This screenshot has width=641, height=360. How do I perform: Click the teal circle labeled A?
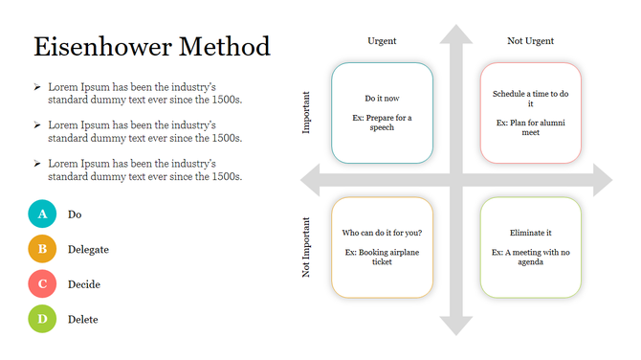pos(42,214)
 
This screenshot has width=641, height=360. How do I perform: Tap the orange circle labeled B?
pos(42,250)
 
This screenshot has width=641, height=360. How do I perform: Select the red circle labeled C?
pos(42,284)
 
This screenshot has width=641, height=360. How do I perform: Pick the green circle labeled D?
pos(42,320)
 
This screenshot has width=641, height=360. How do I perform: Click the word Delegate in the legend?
pos(88,250)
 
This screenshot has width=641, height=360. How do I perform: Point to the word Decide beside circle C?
pos(84,284)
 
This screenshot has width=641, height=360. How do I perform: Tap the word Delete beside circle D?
pos(83,320)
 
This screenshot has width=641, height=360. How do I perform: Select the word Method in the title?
pos(223,47)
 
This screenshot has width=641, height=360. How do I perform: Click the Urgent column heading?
pos(382,41)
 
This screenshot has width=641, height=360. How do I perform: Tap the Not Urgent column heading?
pos(530,41)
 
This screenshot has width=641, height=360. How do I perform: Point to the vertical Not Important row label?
pos(307,248)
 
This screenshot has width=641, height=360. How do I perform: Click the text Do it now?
pos(382,99)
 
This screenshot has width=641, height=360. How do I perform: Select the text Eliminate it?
pos(531,233)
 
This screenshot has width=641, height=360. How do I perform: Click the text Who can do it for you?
pos(382,233)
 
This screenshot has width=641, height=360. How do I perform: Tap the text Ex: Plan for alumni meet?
pos(531,127)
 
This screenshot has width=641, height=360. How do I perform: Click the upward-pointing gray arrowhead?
pos(456,34)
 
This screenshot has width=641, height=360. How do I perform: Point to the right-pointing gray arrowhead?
pos(603,180)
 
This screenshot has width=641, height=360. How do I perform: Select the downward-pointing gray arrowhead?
pos(456,325)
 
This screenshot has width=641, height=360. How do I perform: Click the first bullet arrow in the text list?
pos(36,87)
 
